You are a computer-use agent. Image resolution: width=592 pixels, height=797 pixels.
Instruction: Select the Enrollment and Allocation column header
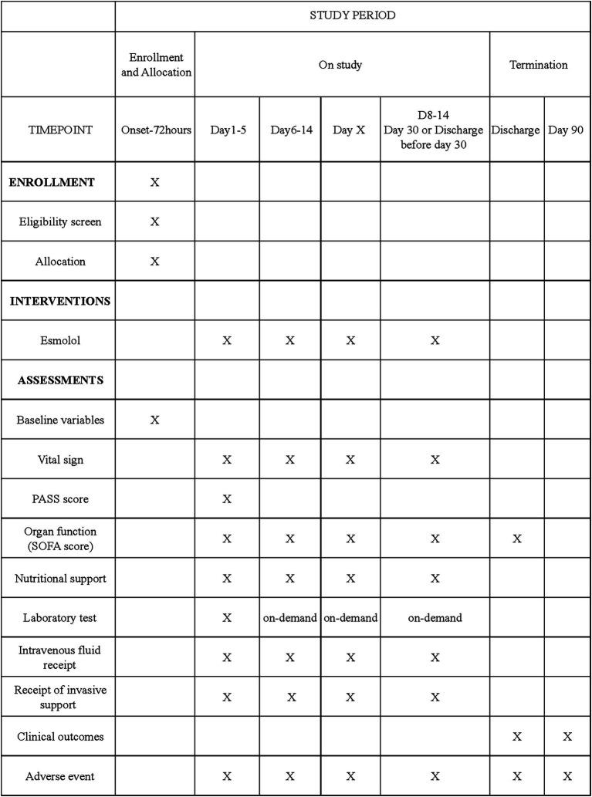pyautogui.click(x=154, y=65)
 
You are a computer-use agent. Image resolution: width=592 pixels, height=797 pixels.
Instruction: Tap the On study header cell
pyautogui.click(x=340, y=65)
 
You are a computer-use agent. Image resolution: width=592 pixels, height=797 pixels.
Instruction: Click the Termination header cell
pyautogui.click(x=538, y=65)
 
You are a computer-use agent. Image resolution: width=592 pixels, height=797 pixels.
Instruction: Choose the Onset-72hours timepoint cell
pyautogui.click(x=154, y=130)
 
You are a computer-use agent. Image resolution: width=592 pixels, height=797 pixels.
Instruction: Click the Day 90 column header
pyautogui.click(x=567, y=130)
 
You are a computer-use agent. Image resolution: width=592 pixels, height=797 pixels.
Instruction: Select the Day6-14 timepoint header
pyautogui.click(x=290, y=130)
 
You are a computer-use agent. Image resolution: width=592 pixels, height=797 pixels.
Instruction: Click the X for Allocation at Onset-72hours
pyautogui.click(x=154, y=261)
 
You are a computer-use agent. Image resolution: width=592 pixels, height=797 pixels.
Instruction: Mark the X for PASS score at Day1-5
pyautogui.click(x=227, y=498)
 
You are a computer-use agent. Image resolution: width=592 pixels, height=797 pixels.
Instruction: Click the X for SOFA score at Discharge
pyautogui.click(x=516, y=539)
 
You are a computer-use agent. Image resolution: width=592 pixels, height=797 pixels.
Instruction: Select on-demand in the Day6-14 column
pyautogui.click(x=290, y=617)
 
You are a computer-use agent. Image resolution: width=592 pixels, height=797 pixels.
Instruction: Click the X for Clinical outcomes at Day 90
pyautogui.click(x=567, y=736)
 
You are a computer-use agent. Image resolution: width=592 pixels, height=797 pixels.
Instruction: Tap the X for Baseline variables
pyautogui.click(x=154, y=419)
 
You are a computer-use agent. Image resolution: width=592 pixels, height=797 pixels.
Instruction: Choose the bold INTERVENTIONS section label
pyautogui.click(x=60, y=301)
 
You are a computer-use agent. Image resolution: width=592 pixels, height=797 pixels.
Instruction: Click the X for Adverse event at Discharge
pyautogui.click(x=516, y=776)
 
